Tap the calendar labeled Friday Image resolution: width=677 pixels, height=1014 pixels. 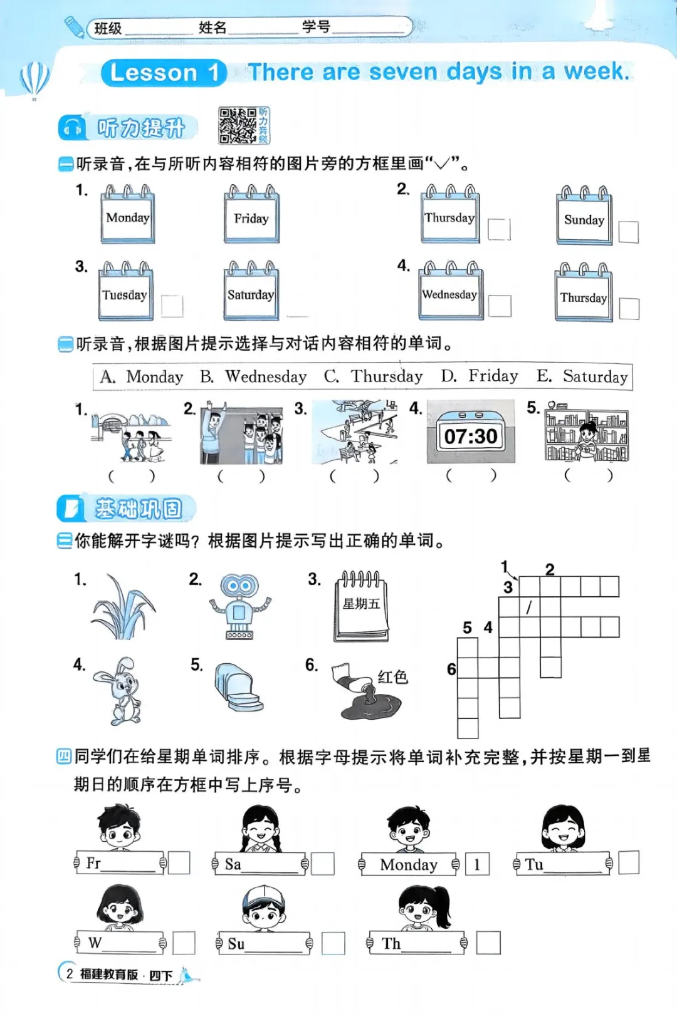251,214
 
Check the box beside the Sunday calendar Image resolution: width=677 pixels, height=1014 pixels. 629,232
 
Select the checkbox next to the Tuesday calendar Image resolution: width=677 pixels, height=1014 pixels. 172,306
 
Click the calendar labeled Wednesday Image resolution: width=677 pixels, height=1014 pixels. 450,291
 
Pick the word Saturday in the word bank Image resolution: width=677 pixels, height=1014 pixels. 595,376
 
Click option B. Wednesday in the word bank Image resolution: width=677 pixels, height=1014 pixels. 253,376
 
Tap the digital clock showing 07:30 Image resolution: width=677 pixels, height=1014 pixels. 471,432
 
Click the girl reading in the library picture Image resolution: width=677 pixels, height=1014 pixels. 587,442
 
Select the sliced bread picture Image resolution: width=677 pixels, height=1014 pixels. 238,688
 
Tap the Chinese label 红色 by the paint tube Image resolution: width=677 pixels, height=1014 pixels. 392,677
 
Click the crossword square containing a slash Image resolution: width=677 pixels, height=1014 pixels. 530,607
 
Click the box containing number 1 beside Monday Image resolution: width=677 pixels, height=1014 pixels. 477,864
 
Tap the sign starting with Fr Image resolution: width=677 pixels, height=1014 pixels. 120,862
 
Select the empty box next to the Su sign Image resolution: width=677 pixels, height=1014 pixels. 333,943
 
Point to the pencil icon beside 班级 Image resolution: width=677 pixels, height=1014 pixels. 75,27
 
